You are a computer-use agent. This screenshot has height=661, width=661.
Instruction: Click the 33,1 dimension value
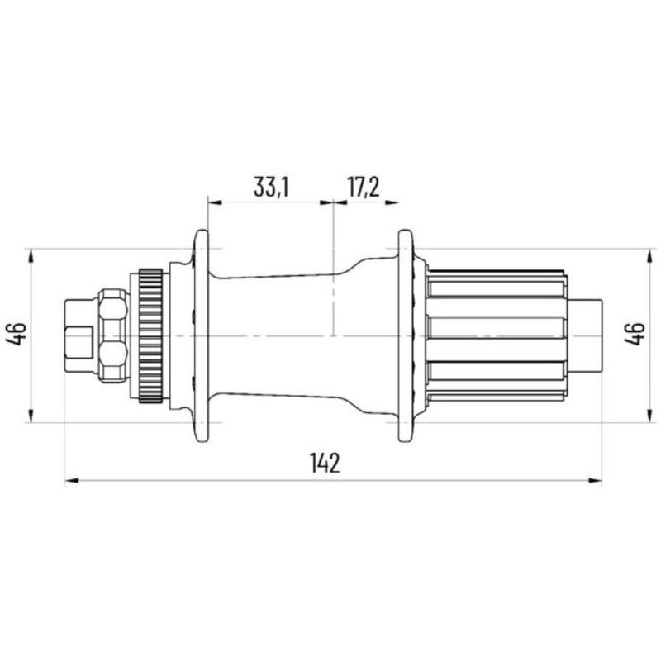coord(270,188)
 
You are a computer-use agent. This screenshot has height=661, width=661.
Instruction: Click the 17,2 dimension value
coord(362,188)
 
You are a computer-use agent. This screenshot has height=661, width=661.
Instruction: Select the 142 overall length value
coord(326,464)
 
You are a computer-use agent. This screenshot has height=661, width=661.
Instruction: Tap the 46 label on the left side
coord(19,335)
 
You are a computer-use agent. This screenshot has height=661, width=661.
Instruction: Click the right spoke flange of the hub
coord(406,335)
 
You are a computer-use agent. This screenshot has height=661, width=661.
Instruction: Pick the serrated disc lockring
coord(151,335)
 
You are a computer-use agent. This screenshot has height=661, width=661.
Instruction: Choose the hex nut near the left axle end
coord(113,335)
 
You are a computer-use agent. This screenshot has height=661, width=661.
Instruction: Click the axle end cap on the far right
coord(586,335)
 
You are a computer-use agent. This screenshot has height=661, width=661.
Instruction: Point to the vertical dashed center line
coord(332,273)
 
